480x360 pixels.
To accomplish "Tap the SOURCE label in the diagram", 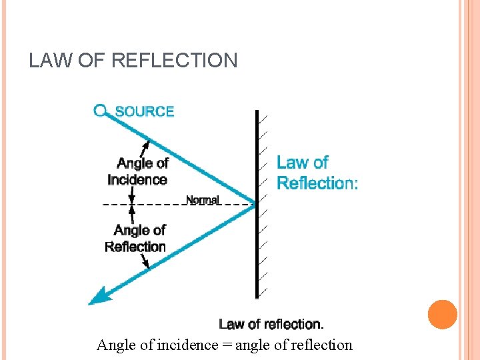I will coord(145,111).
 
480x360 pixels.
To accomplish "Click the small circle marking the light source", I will coord(101,110).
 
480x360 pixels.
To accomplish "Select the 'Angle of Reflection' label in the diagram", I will coord(137,239).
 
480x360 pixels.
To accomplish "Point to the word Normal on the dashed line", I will coord(202,200).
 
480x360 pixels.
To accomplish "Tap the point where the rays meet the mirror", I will coord(255,203).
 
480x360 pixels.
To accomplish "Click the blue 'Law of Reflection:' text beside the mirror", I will coord(316,173).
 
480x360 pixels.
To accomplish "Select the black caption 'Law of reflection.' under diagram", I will coord(271,325).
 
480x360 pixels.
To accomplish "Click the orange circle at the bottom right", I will coord(443,315).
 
